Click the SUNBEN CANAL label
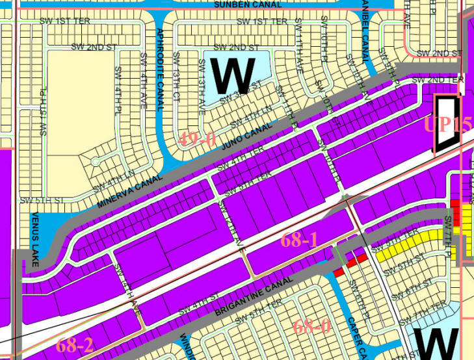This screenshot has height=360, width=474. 248,5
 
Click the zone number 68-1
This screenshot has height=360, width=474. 298,239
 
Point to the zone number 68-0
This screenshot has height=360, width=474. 312,325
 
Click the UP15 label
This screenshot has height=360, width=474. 448,123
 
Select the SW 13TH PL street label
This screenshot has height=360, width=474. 44,117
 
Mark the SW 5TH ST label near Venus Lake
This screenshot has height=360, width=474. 35,200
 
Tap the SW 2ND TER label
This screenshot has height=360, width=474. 445,79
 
